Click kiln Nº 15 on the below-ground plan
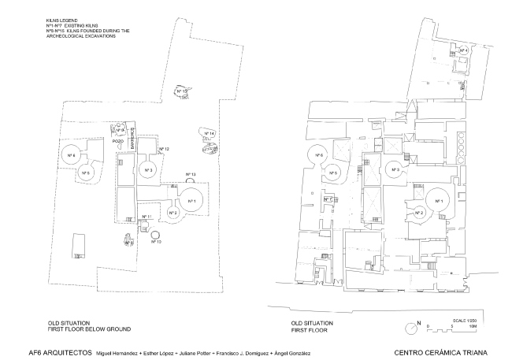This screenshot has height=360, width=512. tap(184, 93)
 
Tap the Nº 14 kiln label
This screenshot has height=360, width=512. tap(211, 134)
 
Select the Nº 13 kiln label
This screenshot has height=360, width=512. tap(191, 174)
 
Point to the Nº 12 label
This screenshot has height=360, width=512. tap(165, 149)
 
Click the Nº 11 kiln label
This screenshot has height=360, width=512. tap(146, 216)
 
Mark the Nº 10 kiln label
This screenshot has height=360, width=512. tap(157, 241)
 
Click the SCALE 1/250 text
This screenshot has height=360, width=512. tap(455, 318)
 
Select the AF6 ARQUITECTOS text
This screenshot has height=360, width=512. tap(60, 351)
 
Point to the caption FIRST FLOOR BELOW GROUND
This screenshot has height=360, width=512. tap(87, 328)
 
